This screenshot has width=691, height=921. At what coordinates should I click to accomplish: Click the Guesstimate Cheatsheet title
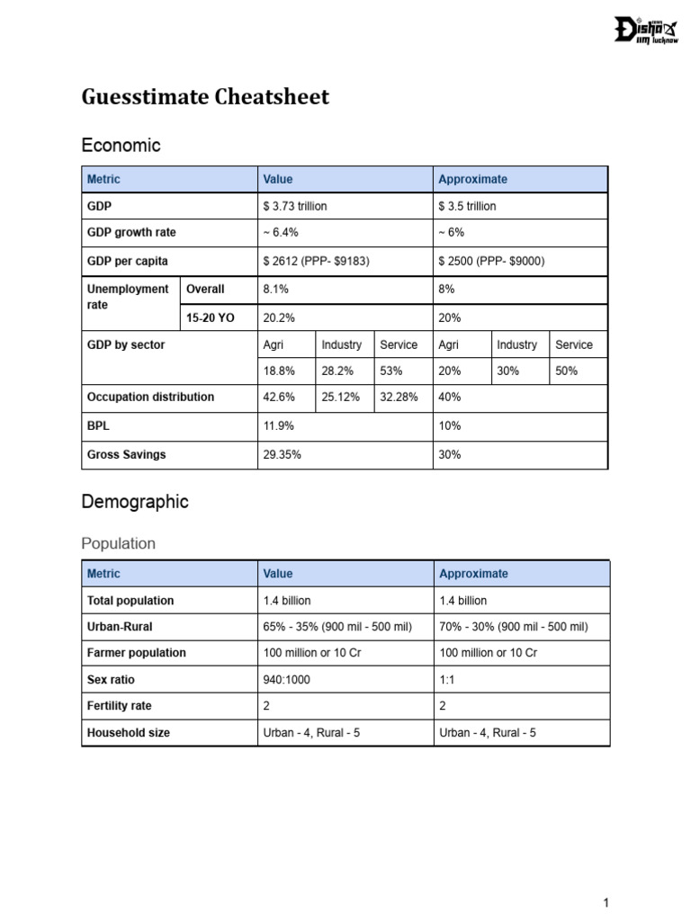(205, 97)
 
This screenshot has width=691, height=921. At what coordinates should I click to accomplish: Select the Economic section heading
(121, 145)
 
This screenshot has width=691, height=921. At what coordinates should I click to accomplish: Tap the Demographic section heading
(135, 502)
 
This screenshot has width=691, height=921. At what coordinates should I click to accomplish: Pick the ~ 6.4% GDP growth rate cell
(281, 232)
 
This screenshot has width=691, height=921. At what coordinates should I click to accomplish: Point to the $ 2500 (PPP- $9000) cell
(491, 261)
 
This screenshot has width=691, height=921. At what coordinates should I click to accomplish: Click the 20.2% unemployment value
(279, 318)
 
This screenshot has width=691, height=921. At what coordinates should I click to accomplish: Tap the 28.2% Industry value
(336, 371)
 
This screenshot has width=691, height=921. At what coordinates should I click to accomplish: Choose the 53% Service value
(391, 371)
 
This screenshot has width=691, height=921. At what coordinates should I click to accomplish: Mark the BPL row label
(98, 425)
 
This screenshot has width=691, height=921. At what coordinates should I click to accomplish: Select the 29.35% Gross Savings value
(282, 455)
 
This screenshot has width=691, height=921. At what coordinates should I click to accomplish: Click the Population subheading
(118, 543)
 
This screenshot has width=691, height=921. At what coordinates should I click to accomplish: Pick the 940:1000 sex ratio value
(286, 680)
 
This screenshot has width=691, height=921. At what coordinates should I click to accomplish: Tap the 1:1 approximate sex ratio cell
(447, 680)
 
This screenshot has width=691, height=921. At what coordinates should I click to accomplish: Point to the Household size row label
(128, 733)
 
